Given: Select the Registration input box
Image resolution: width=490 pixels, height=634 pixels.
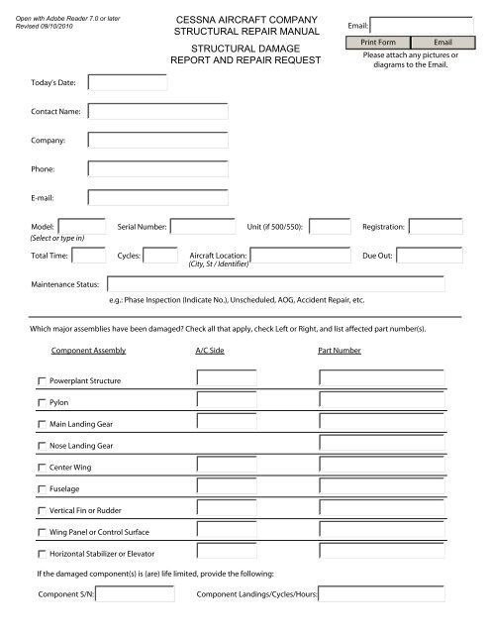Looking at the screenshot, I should tap(435, 227).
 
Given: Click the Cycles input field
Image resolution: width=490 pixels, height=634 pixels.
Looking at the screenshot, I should tap(161, 256).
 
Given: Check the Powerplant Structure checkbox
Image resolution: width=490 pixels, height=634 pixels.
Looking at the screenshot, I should tap(42, 380).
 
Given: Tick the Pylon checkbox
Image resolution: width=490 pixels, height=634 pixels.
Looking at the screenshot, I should tap(42, 403).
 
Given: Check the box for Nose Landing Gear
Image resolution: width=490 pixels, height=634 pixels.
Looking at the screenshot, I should tap(42, 446).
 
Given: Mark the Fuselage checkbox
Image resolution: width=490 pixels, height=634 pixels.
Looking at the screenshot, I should tap(42, 489).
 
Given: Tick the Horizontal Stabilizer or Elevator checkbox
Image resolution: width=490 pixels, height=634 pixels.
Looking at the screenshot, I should tap(42, 553).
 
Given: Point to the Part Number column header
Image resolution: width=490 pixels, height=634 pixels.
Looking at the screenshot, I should tap(339, 351).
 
